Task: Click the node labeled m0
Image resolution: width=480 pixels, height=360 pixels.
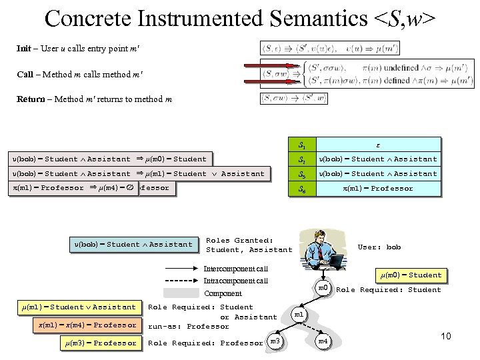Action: tap(323, 288)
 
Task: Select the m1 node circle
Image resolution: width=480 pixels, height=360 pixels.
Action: tap(299, 314)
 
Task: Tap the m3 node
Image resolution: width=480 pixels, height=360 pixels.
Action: tap(275, 342)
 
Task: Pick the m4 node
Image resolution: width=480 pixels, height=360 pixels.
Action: tap(323, 342)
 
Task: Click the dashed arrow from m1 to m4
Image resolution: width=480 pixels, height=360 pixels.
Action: tap(312, 329)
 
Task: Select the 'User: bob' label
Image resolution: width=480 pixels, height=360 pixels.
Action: tap(379, 247)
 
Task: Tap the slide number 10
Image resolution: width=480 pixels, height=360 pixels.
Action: tap(445, 336)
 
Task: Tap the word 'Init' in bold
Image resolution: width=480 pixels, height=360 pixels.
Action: tap(24, 49)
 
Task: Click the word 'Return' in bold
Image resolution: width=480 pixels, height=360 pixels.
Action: tap(31, 99)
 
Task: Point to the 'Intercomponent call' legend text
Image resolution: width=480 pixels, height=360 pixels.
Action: tap(235, 269)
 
